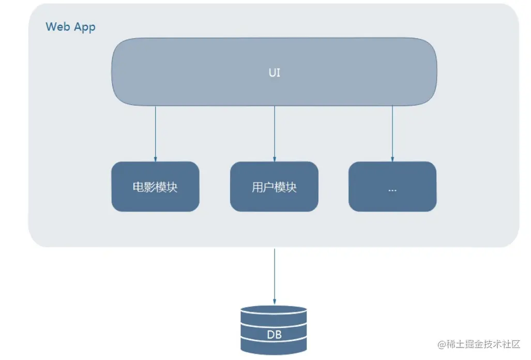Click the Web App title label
click(70, 27)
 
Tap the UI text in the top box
click(275, 72)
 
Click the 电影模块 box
click(155, 187)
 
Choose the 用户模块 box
click(274, 187)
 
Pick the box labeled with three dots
click(392, 187)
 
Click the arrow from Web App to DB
click(275, 274)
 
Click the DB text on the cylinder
click(274, 335)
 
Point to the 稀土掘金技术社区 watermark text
click(483, 344)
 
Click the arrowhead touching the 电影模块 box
click(155, 158)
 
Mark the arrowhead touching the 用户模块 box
click(275, 158)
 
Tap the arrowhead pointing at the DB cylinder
click(275, 301)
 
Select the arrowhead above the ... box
click(392, 158)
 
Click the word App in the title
click(84, 27)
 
